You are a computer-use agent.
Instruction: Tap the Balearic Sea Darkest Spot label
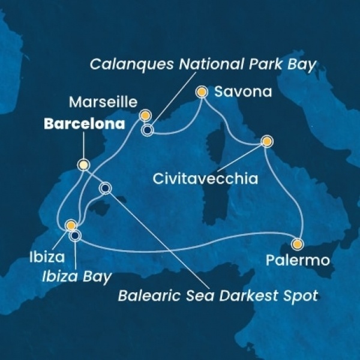217,295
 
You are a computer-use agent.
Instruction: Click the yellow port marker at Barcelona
83,164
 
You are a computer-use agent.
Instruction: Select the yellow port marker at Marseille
145,115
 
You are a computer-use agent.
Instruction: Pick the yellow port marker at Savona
202,92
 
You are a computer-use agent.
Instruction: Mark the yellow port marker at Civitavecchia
266,142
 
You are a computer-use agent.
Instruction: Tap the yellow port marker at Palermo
298,244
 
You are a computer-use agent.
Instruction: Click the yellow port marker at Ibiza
71,226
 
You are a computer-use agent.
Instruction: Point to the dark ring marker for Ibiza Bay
75,235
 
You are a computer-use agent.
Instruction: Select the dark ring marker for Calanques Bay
146,128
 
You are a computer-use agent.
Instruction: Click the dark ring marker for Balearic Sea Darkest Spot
106,188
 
